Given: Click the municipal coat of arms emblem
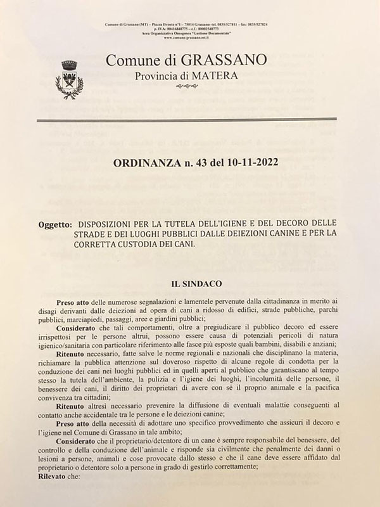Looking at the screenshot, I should (x=69, y=79).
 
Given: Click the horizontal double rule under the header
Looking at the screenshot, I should (x=195, y=119).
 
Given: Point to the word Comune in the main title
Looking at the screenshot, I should (x=129, y=61).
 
